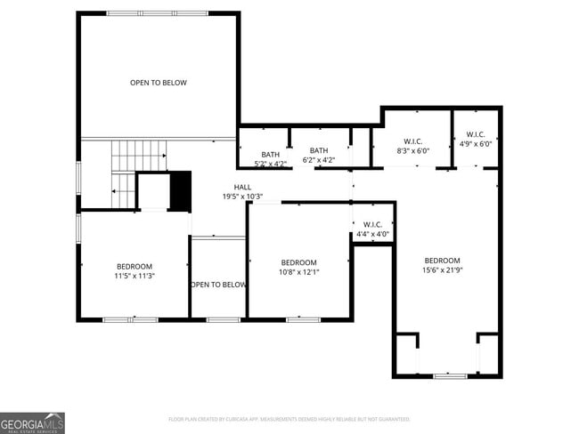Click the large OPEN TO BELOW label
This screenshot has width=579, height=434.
(x=159, y=83)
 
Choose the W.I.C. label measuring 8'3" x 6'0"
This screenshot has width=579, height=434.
(x=412, y=141)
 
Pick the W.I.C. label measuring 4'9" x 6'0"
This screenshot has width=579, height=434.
(x=475, y=134)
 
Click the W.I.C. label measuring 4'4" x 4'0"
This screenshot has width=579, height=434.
(x=372, y=224)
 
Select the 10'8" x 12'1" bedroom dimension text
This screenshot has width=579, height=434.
(x=299, y=272)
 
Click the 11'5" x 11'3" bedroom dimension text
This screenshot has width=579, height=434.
(x=135, y=277)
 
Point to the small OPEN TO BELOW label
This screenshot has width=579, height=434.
(x=218, y=285)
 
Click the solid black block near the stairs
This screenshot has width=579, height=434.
(x=180, y=190)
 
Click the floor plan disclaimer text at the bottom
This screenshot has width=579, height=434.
(x=289, y=418)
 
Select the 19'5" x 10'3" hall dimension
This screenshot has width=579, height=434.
(x=242, y=197)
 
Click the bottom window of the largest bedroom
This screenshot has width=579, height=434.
(x=450, y=376)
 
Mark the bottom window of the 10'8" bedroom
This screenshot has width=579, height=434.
(x=303, y=318)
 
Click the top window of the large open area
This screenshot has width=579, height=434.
(x=157, y=13)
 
